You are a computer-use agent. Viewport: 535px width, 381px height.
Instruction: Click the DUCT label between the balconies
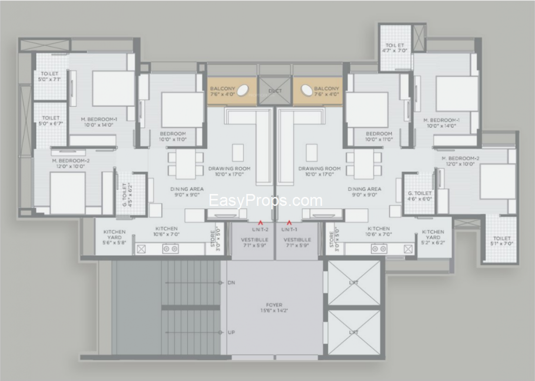click(275, 91)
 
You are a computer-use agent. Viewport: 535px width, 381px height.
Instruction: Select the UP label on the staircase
click(231, 332)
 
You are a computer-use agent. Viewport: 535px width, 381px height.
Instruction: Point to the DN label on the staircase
click(231, 282)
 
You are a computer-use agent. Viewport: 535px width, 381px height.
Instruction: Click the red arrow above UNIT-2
click(260, 223)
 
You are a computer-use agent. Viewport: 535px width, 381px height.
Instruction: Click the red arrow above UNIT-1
click(289, 223)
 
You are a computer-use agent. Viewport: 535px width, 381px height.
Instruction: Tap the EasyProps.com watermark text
click(265, 201)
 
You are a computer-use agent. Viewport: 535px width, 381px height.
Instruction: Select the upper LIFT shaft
click(354, 283)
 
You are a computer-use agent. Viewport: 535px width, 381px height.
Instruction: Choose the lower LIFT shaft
click(354, 332)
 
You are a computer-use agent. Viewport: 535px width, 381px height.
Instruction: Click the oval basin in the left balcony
click(243, 91)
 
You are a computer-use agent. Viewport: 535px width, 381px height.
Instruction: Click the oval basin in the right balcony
click(306, 91)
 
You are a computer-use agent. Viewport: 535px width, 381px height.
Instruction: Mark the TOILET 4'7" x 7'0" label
click(395, 48)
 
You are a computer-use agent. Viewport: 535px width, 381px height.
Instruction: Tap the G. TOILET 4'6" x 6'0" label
click(420, 196)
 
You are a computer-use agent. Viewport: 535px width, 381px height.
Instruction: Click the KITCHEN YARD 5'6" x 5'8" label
click(115, 237)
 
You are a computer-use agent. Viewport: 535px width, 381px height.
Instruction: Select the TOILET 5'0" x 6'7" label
click(51, 121)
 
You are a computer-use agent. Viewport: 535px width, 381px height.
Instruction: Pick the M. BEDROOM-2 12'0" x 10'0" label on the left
click(68, 163)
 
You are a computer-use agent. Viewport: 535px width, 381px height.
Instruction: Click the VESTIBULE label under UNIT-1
click(297, 243)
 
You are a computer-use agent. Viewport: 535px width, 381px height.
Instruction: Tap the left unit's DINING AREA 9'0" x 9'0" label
click(185, 191)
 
